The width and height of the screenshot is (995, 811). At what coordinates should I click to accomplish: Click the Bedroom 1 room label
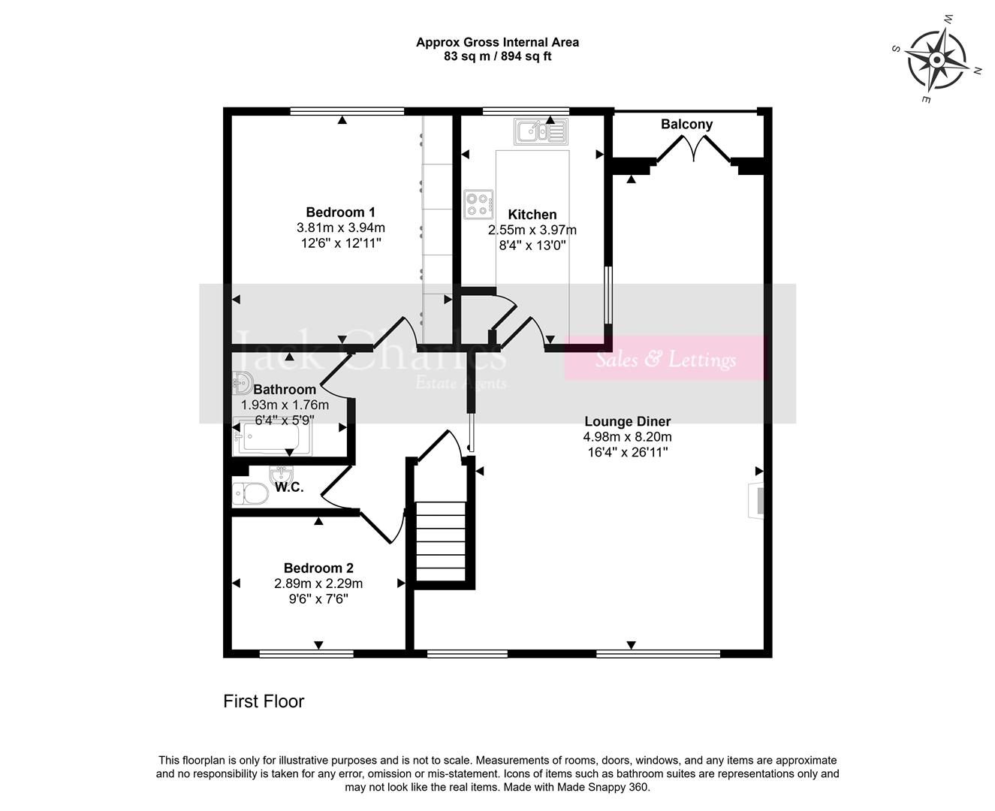point(340,213)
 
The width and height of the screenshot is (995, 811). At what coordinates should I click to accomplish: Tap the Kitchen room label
point(532,215)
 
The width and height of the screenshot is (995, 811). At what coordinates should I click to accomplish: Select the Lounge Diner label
point(627,421)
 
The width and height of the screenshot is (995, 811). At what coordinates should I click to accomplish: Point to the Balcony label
point(686,125)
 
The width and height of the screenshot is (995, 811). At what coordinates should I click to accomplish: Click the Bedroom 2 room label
point(318,568)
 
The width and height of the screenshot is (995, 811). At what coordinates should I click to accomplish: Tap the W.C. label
point(289,487)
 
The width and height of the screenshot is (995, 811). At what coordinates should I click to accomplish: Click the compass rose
point(936,59)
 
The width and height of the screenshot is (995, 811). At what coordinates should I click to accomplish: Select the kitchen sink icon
point(539,131)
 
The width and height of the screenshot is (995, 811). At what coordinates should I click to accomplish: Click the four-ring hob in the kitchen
point(478,204)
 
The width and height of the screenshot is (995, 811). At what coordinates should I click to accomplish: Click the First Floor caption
point(264,701)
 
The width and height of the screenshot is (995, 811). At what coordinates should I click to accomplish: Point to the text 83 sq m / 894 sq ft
point(497,56)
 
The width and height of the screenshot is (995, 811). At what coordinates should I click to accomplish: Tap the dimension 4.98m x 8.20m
point(627,437)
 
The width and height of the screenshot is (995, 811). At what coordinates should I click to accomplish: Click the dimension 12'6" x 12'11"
point(340,243)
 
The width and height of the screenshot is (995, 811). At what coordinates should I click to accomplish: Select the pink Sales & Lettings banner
point(665,359)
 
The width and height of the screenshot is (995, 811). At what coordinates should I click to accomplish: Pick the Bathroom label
point(285,389)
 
